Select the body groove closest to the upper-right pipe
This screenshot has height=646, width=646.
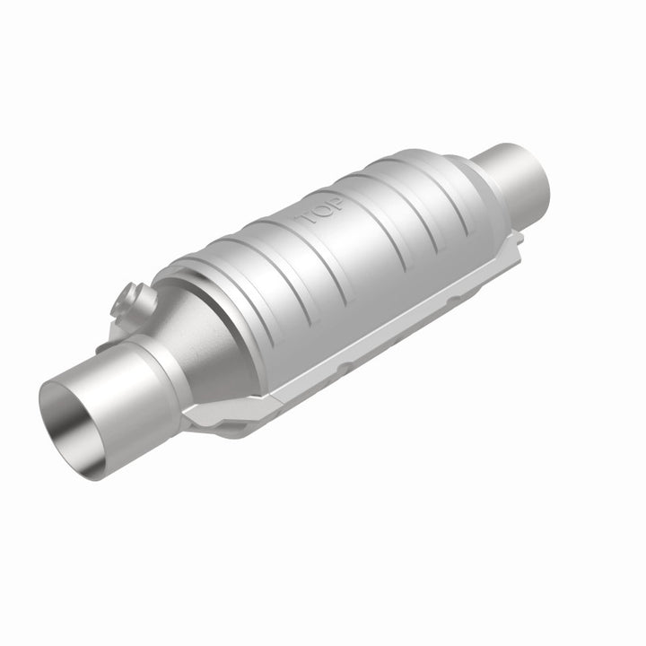(x=440, y=193)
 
